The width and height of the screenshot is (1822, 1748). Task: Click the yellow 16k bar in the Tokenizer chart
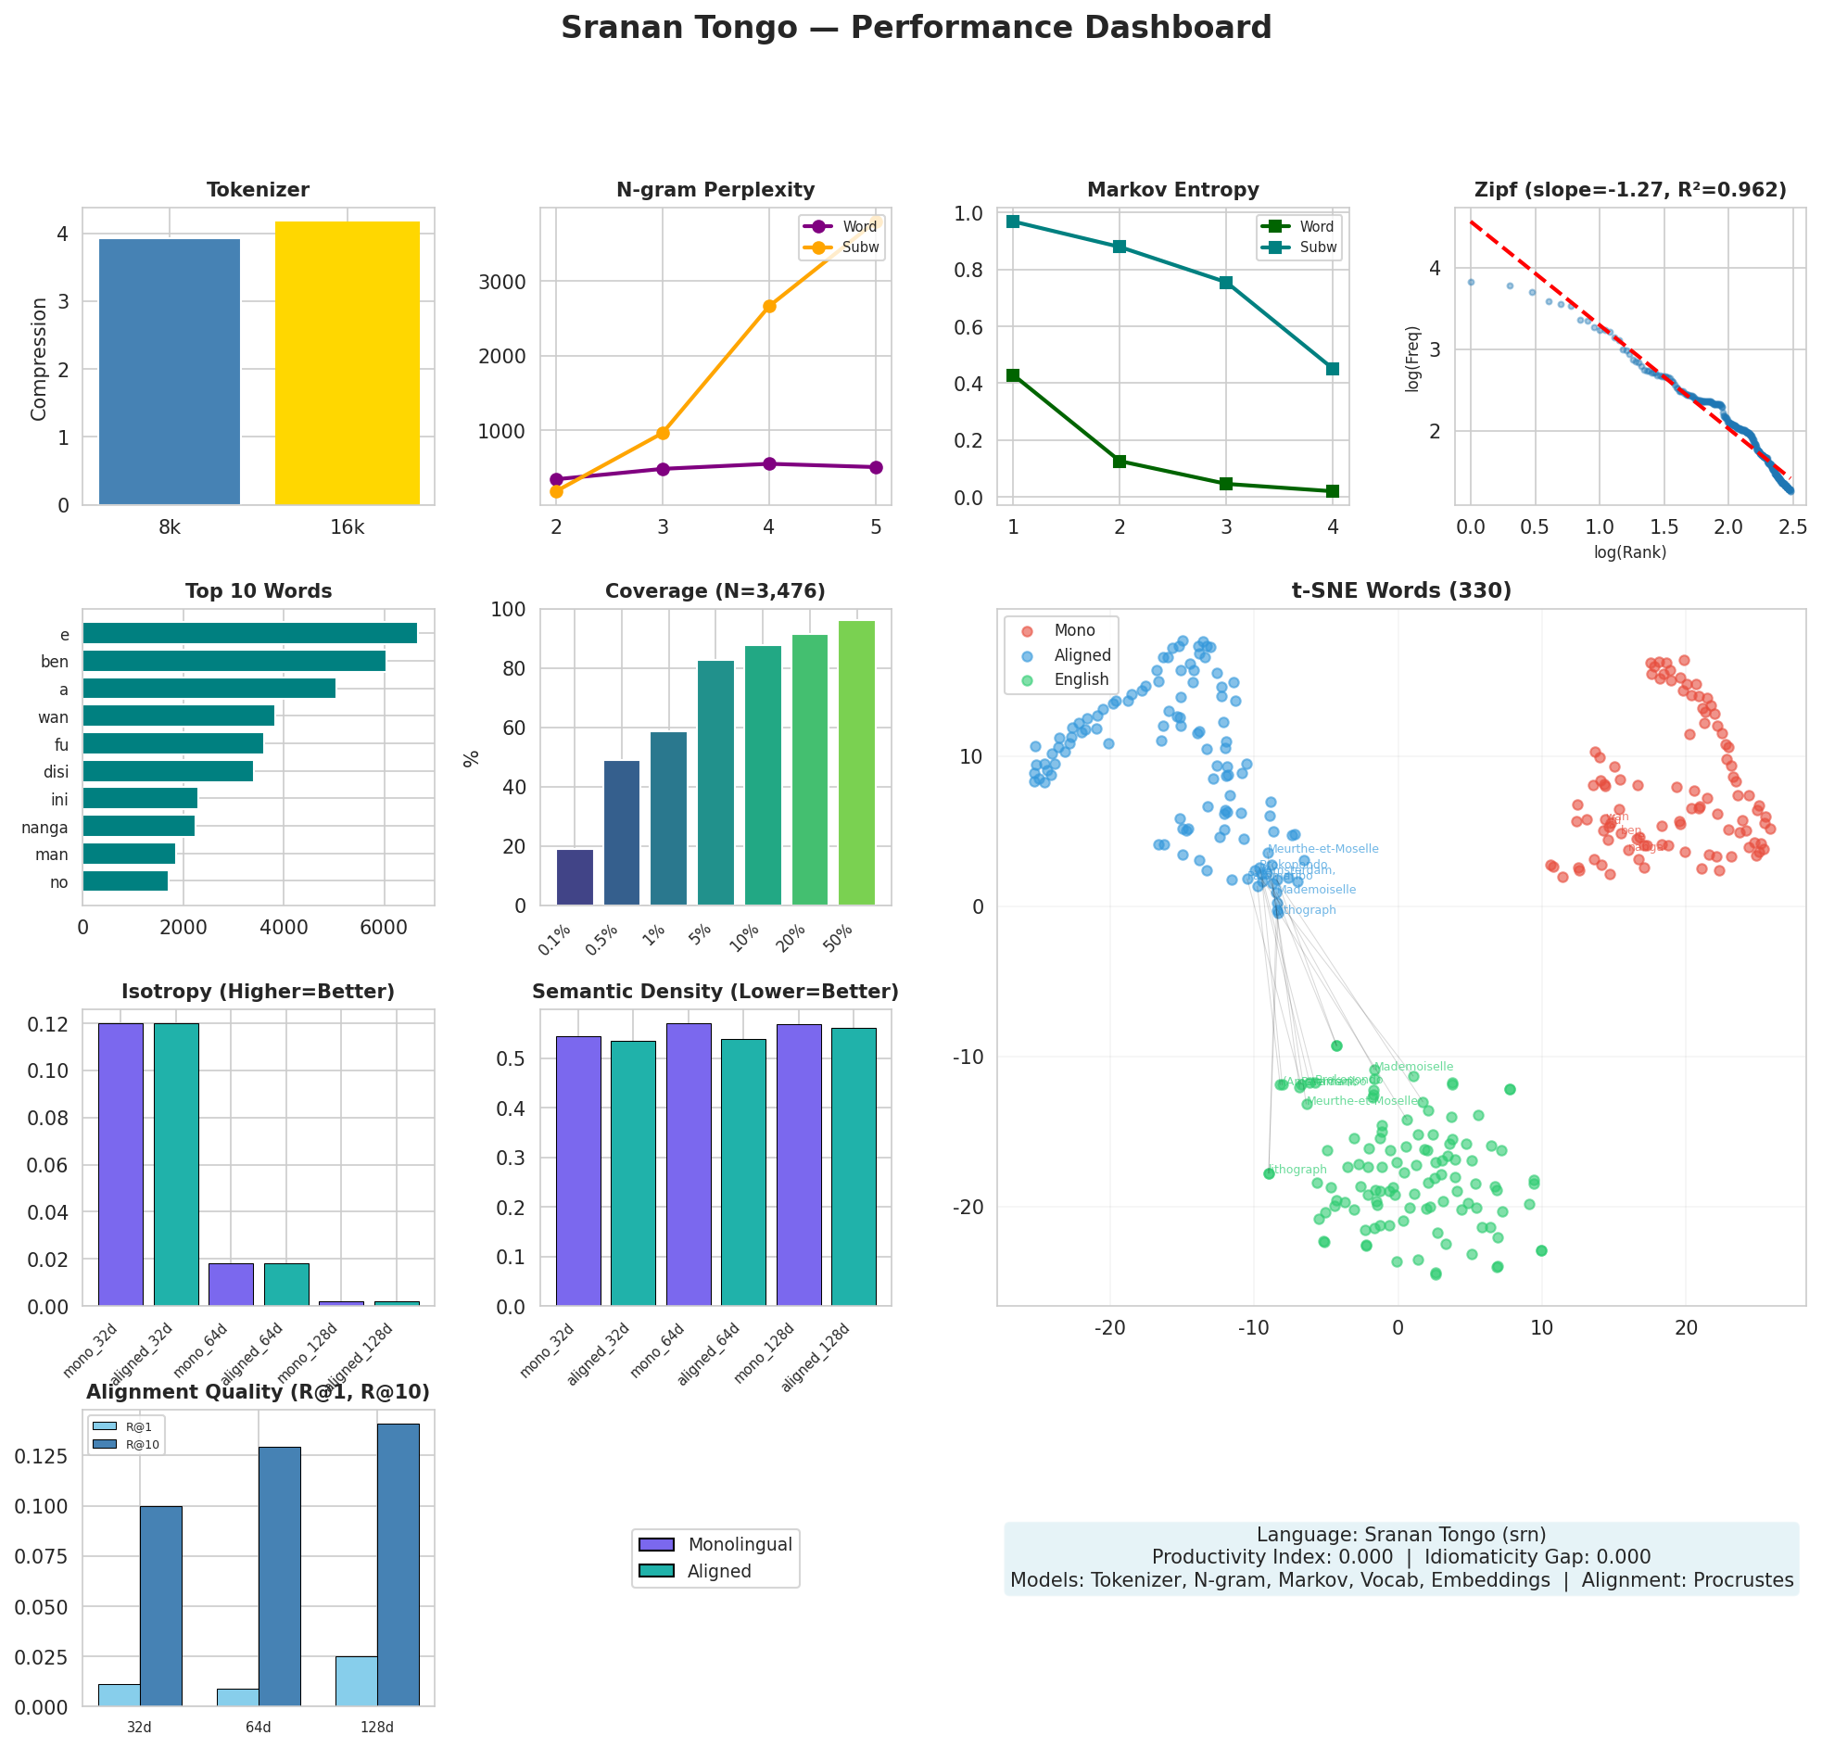coord(347,362)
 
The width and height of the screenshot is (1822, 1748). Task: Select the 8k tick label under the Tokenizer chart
coord(170,528)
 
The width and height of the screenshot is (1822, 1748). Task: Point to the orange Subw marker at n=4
coord(769,306)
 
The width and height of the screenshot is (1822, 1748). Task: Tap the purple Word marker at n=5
coord(875,467)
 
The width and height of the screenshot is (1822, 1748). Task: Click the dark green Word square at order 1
coord(1012,375)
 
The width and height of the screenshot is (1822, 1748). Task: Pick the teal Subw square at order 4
coord(1332,368)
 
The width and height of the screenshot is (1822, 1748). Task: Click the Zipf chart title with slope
coord(1629,190)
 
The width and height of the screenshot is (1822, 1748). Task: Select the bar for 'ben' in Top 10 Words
coord(234,661)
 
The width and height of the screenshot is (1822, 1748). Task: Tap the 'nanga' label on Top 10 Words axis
coord(44,827)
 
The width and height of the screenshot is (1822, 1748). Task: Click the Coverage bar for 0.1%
coord(575,877)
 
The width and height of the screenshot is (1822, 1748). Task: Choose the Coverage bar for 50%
coord(856,763)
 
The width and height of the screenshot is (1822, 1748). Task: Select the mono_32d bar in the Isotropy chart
coord(120,1164)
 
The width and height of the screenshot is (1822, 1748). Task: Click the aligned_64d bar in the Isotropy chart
coord(286,1284)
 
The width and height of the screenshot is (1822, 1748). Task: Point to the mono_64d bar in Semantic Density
coord(688,1164)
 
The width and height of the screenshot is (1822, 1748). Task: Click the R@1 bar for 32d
coord(119,1695)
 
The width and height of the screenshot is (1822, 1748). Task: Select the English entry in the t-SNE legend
coord(1082,678)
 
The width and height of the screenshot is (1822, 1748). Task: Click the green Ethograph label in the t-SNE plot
coord(1298,1170)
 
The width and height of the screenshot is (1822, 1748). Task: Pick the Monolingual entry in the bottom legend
coord(739,1544)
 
